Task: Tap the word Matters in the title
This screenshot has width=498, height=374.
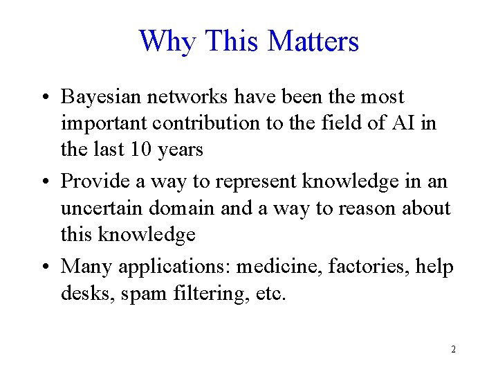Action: [x=313, y=41]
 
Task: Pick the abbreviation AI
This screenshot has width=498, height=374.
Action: [x=412, y=123]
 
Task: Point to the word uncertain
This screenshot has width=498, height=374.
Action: [x=101, y=207]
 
